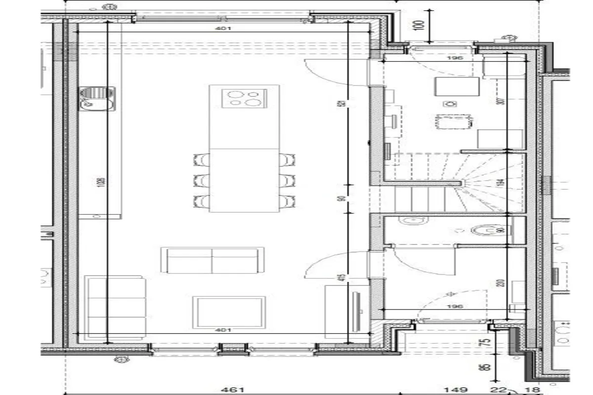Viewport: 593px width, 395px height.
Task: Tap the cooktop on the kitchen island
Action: coord(245,97)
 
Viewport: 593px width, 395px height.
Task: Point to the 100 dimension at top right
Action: coord(421,25)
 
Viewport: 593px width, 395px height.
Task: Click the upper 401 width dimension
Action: coord(223,29)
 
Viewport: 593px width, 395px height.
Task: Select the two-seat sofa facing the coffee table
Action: coord(212,260)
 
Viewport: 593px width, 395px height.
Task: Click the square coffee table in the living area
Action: coord(229,312)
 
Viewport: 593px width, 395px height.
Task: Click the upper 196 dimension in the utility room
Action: coord(454,58)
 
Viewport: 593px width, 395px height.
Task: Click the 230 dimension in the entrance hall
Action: coord(501,283)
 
